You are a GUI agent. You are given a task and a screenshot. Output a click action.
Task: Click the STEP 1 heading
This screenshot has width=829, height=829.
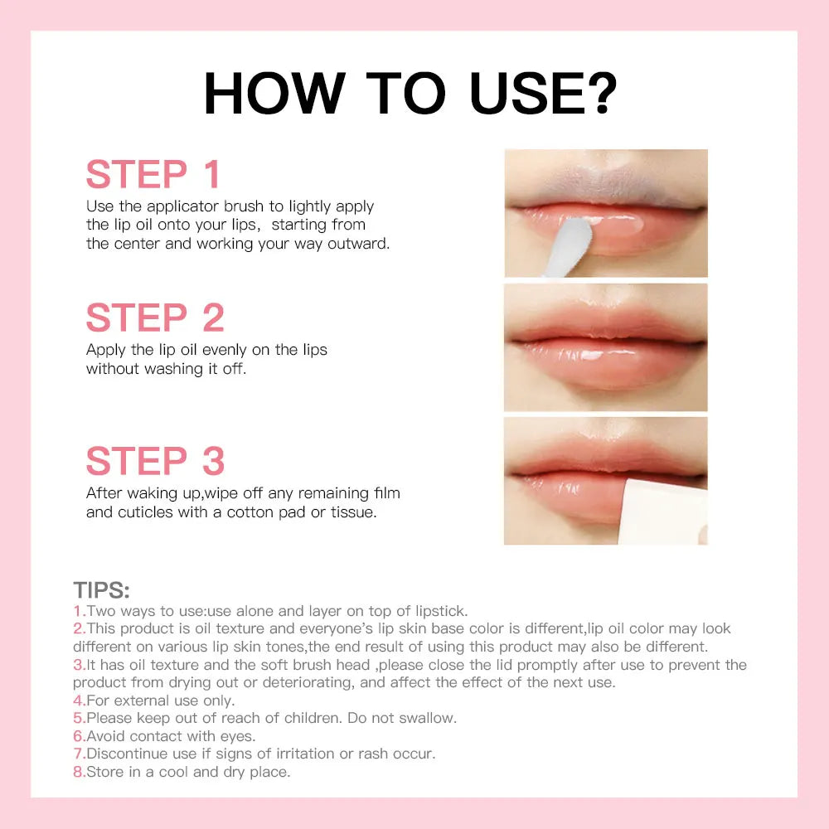(153, 175)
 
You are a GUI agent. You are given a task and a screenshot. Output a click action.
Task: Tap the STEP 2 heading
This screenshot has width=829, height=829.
(155, 318)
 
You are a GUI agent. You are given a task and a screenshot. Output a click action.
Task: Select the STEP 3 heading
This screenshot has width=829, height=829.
(155, 462)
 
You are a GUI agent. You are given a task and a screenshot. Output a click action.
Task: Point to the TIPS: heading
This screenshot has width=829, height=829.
(101, 590)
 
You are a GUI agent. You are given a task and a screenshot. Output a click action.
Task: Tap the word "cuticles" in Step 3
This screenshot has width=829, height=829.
(147, 512)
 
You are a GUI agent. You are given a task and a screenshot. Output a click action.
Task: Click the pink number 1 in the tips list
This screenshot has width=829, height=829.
(77, 611)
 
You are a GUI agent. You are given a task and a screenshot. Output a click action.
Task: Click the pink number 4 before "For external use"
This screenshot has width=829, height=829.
(78, 701)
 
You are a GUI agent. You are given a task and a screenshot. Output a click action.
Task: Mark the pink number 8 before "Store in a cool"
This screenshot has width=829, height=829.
(78, 772)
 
